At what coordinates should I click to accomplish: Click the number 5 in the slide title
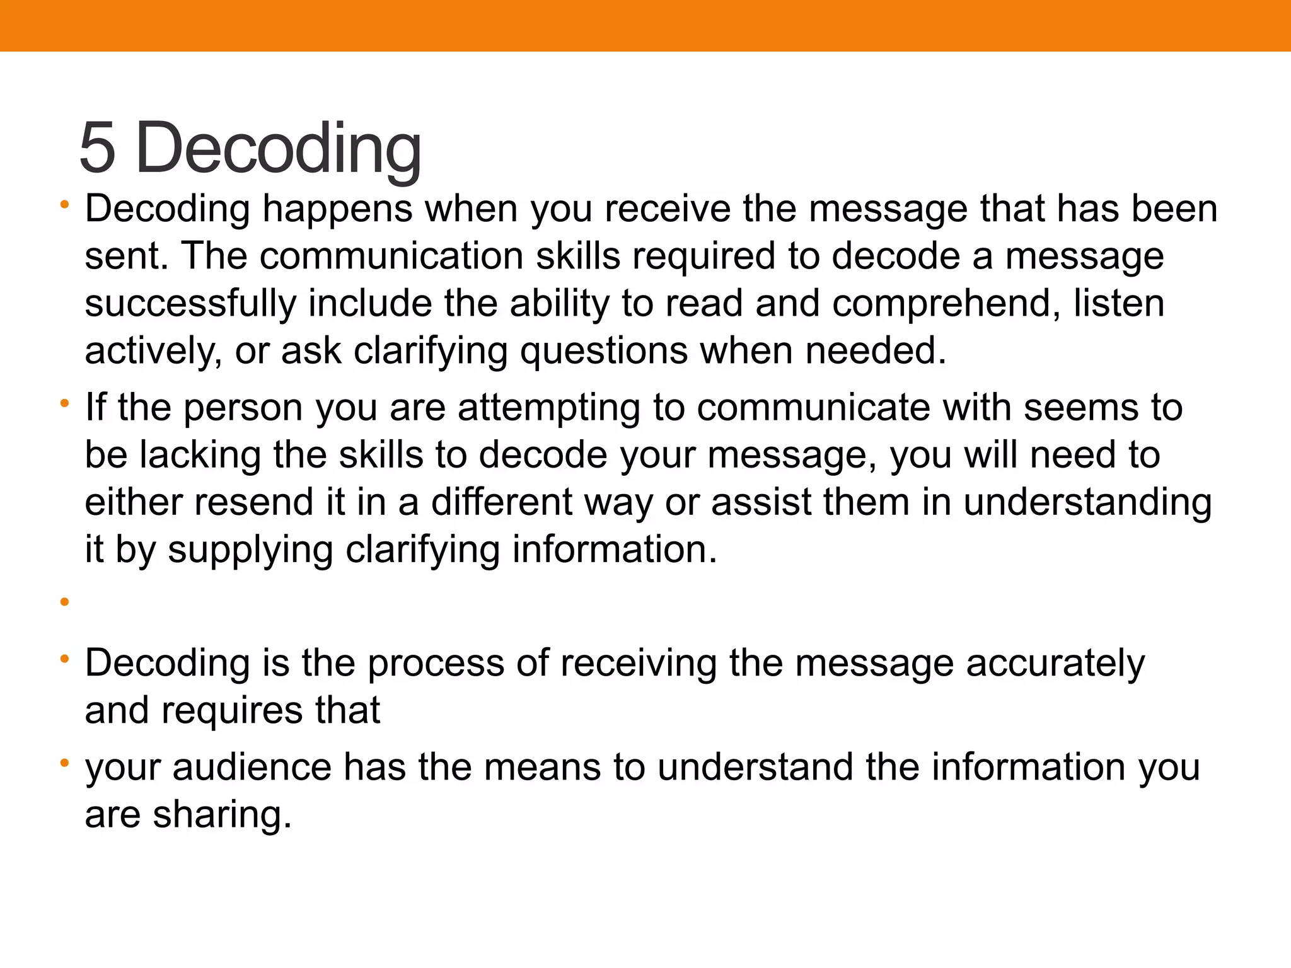[x=98, y=148]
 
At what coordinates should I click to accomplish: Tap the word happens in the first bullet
[x=338, y=209]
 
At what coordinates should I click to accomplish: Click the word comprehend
[x=946, y=304]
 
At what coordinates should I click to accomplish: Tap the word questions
[x=603, y=351]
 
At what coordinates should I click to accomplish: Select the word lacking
[x=200, y=455]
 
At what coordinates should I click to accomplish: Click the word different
[x=502, y=502]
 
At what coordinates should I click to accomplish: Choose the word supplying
[x=250, y=550]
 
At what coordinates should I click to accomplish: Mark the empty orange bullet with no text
[x=64, y=602]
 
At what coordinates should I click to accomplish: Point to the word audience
[x=252, y=768]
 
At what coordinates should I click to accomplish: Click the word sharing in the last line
[x=223, y=815]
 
